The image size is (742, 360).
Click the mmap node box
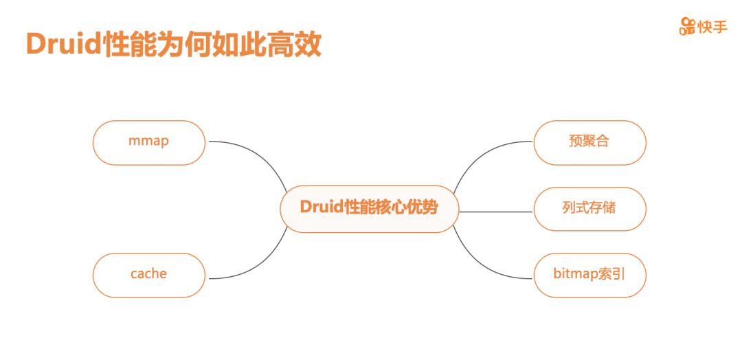pyautogui.click(x=149, y=143)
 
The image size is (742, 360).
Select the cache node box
pyautogui.click(x=149, y=275)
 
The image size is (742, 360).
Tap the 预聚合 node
pyautogui.click(x=589, y=143)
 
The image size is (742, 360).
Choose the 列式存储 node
pyautogui.click(x=589, y=209)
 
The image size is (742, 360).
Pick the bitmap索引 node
pyautogui.click(x=589, y=275)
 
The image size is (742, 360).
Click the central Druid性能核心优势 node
pyautogui.click(x=369, y=209)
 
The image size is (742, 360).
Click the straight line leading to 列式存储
pyautogui.click(x=496, y=212)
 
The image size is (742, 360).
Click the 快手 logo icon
pyautogui.click(x=687, y=26)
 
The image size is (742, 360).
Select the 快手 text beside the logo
pyautogui.click(x=712, y=27)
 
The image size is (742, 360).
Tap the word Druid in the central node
pyautogui.click(x=322, y=207)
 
